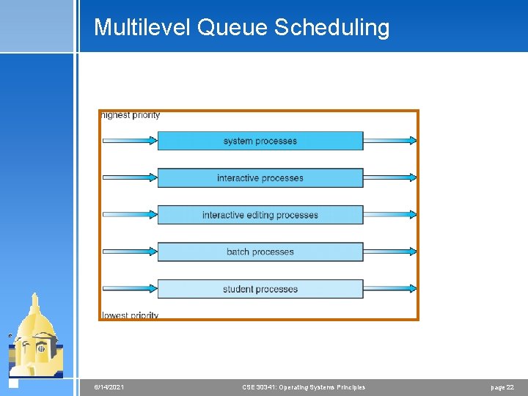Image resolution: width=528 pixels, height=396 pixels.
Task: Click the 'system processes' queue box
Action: tap(260, 141)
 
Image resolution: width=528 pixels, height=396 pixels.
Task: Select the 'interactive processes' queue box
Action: tap(260, 178)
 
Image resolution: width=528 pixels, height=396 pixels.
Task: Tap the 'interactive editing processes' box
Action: tap(260, 215)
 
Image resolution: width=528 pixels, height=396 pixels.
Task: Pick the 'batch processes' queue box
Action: tap(260, 252)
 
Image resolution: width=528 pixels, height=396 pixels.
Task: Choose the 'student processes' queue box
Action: tap(260, 289)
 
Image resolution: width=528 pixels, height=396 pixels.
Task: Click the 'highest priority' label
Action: tap(131, 115)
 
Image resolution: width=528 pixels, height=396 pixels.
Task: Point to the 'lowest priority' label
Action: tap(131, 315)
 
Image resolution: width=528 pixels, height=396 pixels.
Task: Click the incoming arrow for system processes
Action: tap(130, 141)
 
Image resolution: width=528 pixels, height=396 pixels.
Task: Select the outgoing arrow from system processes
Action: tap(389, 141)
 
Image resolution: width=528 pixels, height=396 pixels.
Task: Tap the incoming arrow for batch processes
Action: tap(130, 252)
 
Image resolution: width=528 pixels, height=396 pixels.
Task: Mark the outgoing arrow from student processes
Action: tap(389, 289)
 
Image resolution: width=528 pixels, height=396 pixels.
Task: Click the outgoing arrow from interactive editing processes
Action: tap(389, 215)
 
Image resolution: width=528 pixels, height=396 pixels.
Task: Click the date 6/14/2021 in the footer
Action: tap(109, 387)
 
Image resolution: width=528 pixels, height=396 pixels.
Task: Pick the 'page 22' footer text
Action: tap(502, 387)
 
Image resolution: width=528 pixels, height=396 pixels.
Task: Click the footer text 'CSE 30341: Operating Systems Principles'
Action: tap(304, 387)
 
